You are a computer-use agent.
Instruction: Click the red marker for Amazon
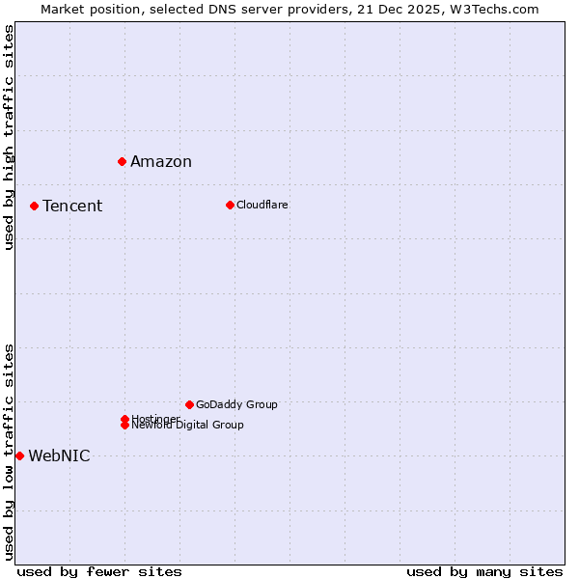point(123,161)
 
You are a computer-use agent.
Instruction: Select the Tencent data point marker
point(34,206)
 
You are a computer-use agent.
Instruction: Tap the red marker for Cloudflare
point(230,205)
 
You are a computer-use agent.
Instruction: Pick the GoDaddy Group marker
point(189,404)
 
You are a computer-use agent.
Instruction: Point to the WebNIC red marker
point(19,455)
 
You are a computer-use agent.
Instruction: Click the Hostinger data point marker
point(125,419)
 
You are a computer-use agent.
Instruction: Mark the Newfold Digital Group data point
point(125,426)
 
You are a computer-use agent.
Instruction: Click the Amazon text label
point(161,161)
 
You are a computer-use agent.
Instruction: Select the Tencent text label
point(72,206)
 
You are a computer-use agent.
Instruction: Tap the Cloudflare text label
point(262,205)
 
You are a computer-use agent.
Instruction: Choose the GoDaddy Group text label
point(236,404)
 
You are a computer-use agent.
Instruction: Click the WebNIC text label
point(59,455)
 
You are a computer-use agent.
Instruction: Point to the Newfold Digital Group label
point(188,426)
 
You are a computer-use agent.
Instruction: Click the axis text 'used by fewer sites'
point(99,571)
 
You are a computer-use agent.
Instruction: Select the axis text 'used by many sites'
point(484,571)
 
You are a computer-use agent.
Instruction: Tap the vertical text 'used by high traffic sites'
point(9,137)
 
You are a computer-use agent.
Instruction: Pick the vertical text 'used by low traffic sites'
point(9,451)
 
